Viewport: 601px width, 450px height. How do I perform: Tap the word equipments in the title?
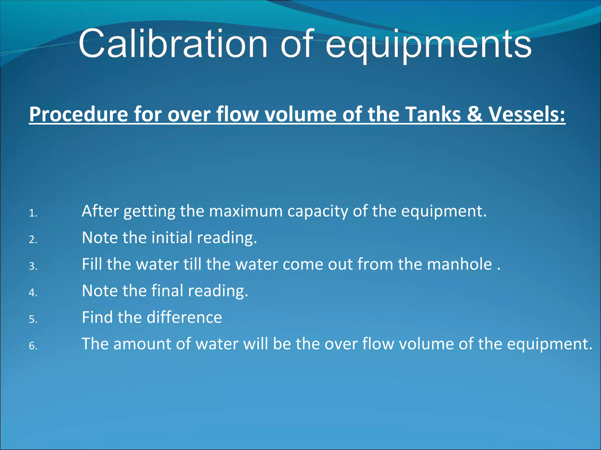[x=428, y=45]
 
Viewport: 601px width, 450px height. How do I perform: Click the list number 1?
[x=33, y=214]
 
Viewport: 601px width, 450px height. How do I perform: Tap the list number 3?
[x=33, y=266]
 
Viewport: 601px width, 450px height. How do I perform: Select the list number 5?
[x=33, y=319]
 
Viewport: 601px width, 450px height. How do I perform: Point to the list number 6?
[x=33, y=346]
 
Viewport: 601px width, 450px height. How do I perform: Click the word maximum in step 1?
[x=246, y=211]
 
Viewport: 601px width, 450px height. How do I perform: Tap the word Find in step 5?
[x=97, y=317]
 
